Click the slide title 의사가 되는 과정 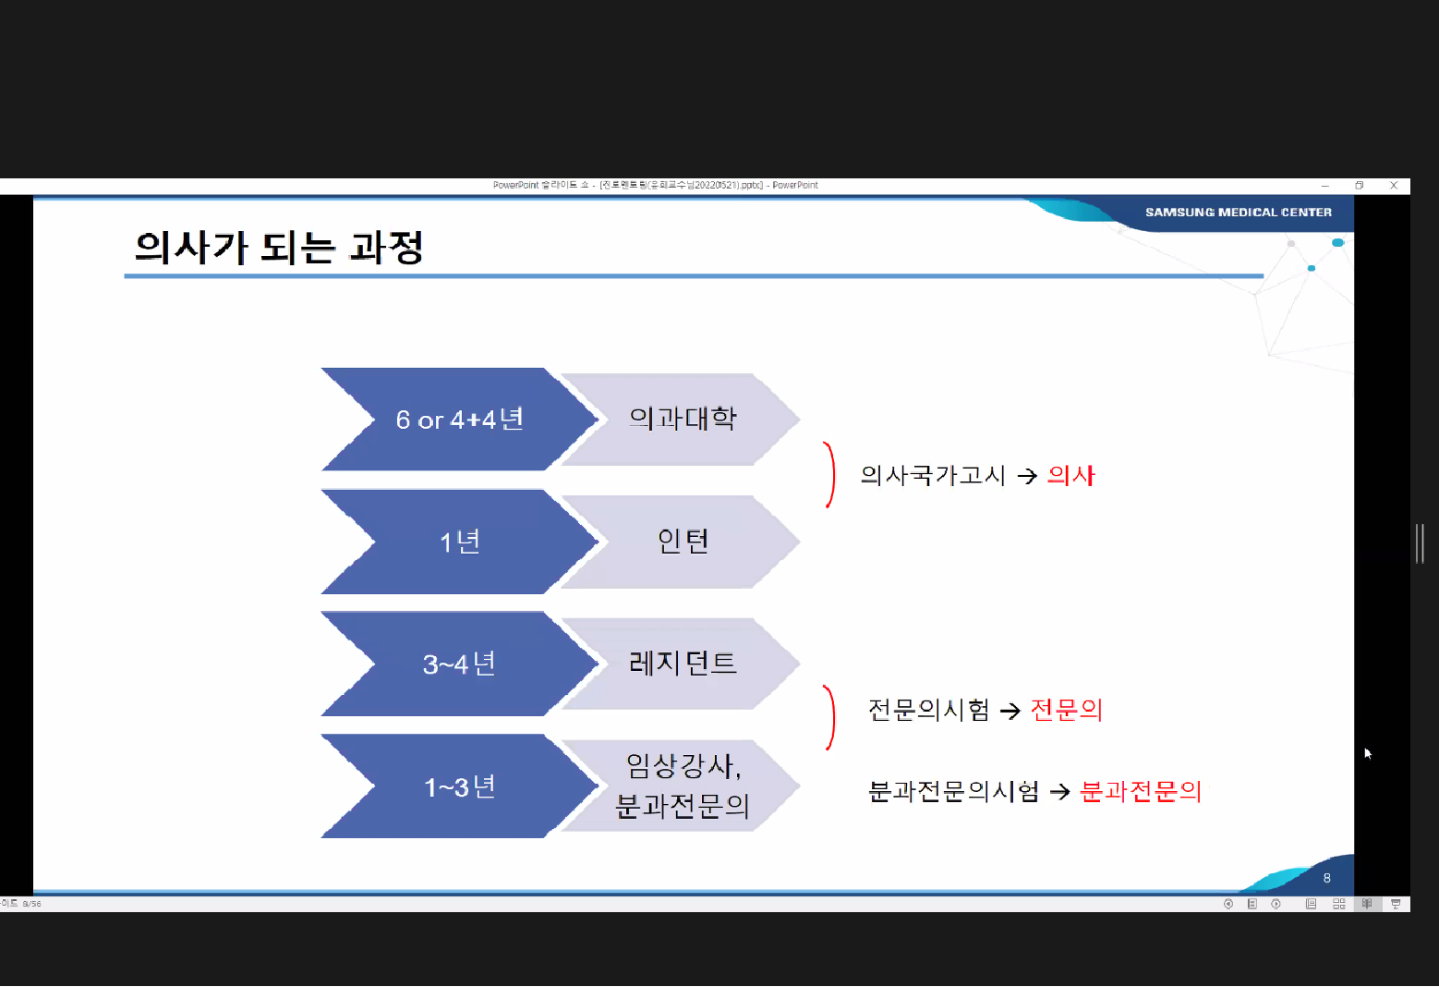pos(279,248)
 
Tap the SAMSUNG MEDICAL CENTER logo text pos(1238,213)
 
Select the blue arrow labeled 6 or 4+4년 pos(459,420)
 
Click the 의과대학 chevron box pos(683,419)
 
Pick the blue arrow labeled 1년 pos(459,542)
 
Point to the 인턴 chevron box pos(683,541)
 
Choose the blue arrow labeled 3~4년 pos(459,664)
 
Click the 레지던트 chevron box pos(683,663)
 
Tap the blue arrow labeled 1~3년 pos(459,786)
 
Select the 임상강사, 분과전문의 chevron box pos(683,786)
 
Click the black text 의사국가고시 pos(932,475)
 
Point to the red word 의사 pos(1070,475)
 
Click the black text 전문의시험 pos(928,710)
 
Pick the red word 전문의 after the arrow pos(1066,710)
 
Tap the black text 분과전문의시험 pos(953,791)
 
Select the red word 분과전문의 pos(1141,791)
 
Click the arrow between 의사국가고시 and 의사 pos(1027,476)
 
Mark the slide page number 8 pos(1327,878)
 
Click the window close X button pos(1394,186)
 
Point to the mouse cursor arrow pos(1368,753)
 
